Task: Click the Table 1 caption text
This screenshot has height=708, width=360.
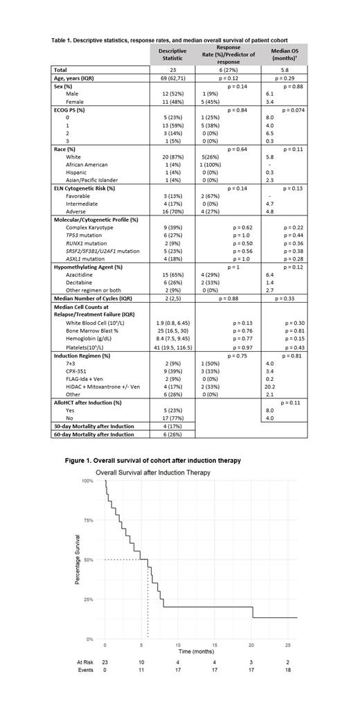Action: pos(170,40)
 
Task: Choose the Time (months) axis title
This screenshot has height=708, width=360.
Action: pos(195,652)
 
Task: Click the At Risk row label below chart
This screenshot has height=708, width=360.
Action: pos(84,662)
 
